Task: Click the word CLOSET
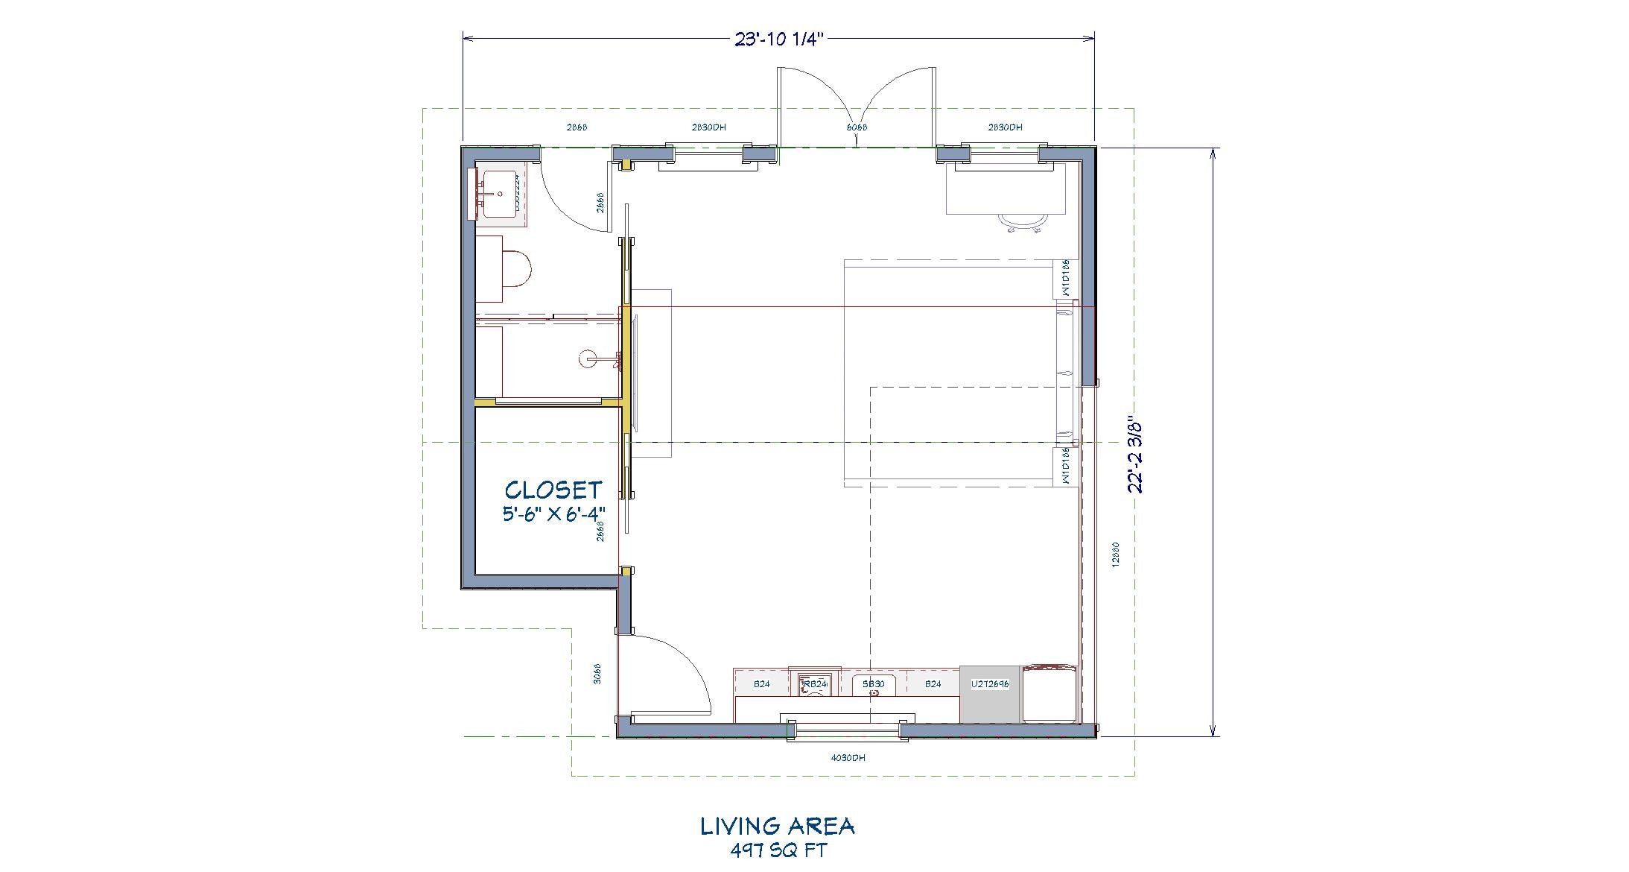click(553, 490)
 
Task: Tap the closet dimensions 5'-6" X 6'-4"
click(553, 514)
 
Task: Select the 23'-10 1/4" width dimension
click(777, 40)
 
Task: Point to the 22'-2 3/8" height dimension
click(1134, 454)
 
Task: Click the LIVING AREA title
click(777, 826)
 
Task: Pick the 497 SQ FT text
click(778, 850)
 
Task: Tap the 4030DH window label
click(848, 758)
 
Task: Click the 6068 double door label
click(857, 127)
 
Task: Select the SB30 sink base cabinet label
click(873, 683)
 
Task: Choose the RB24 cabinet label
click(815, 683)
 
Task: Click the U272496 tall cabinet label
click(990, 683)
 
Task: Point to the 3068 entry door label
click(597, 674)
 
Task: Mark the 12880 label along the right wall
click(1115, 555)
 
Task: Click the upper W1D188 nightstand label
click(1065, 279)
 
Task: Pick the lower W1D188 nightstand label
click(1065, 467)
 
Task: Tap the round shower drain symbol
click(587, 358)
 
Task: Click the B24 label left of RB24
click(761, 683)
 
